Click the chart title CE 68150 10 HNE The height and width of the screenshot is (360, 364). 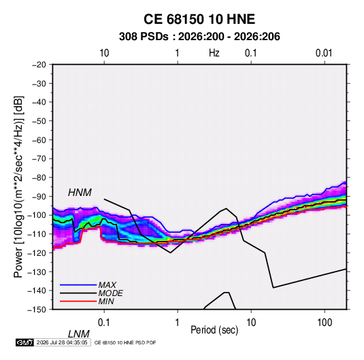pos(199,19)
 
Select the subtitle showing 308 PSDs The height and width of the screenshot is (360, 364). pos(199,37)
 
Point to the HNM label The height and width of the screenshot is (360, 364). pos(80,193)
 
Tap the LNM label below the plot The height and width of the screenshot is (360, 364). pos(78,334)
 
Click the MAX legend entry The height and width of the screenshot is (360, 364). pos(107,284)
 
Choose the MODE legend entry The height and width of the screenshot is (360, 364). pos(110,293)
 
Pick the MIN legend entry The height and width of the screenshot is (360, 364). pos(106,301)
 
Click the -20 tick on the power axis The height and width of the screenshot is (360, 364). pos(39,65)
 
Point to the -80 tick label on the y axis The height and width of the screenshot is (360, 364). pos(39,178)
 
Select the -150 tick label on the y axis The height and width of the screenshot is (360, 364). pos(37,310)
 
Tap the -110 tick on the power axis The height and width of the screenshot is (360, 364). pos(37,234)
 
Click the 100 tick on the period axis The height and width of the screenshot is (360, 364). pos(325,323)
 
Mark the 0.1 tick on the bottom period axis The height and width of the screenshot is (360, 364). pos(103,323)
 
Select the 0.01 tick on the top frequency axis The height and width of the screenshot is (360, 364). pos(324,53)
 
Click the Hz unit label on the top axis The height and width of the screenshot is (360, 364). pos(214,53)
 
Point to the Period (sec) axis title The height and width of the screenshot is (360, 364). pos(214,330)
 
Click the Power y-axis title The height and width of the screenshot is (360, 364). pos(18,187)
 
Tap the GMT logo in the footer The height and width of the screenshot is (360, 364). pos(25,342)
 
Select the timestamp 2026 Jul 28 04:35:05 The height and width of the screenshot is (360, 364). pos(62,342)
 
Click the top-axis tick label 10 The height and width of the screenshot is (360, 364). pos(104,53)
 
